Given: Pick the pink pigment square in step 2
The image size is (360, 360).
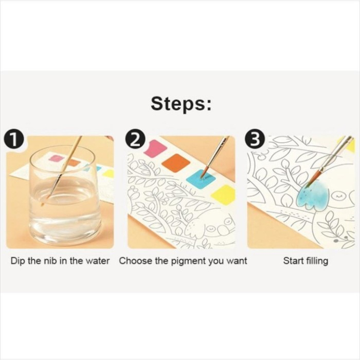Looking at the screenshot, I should [x=155, y=149].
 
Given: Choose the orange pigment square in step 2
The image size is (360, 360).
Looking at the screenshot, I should [x=176, y=163].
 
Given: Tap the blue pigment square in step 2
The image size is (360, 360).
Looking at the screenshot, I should [x=200, y=178].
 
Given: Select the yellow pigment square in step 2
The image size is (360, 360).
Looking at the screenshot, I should [x=223, y=194].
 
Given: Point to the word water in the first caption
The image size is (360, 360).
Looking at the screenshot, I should [x=97, y=261].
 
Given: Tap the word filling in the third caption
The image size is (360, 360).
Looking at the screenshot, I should [x=316, y=261].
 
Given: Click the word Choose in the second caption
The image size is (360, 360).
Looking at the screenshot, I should [x=135, y=261].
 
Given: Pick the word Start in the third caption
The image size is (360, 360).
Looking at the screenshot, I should [x=293, y=261].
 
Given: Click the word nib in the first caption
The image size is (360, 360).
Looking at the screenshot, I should [x=48, y=261].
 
